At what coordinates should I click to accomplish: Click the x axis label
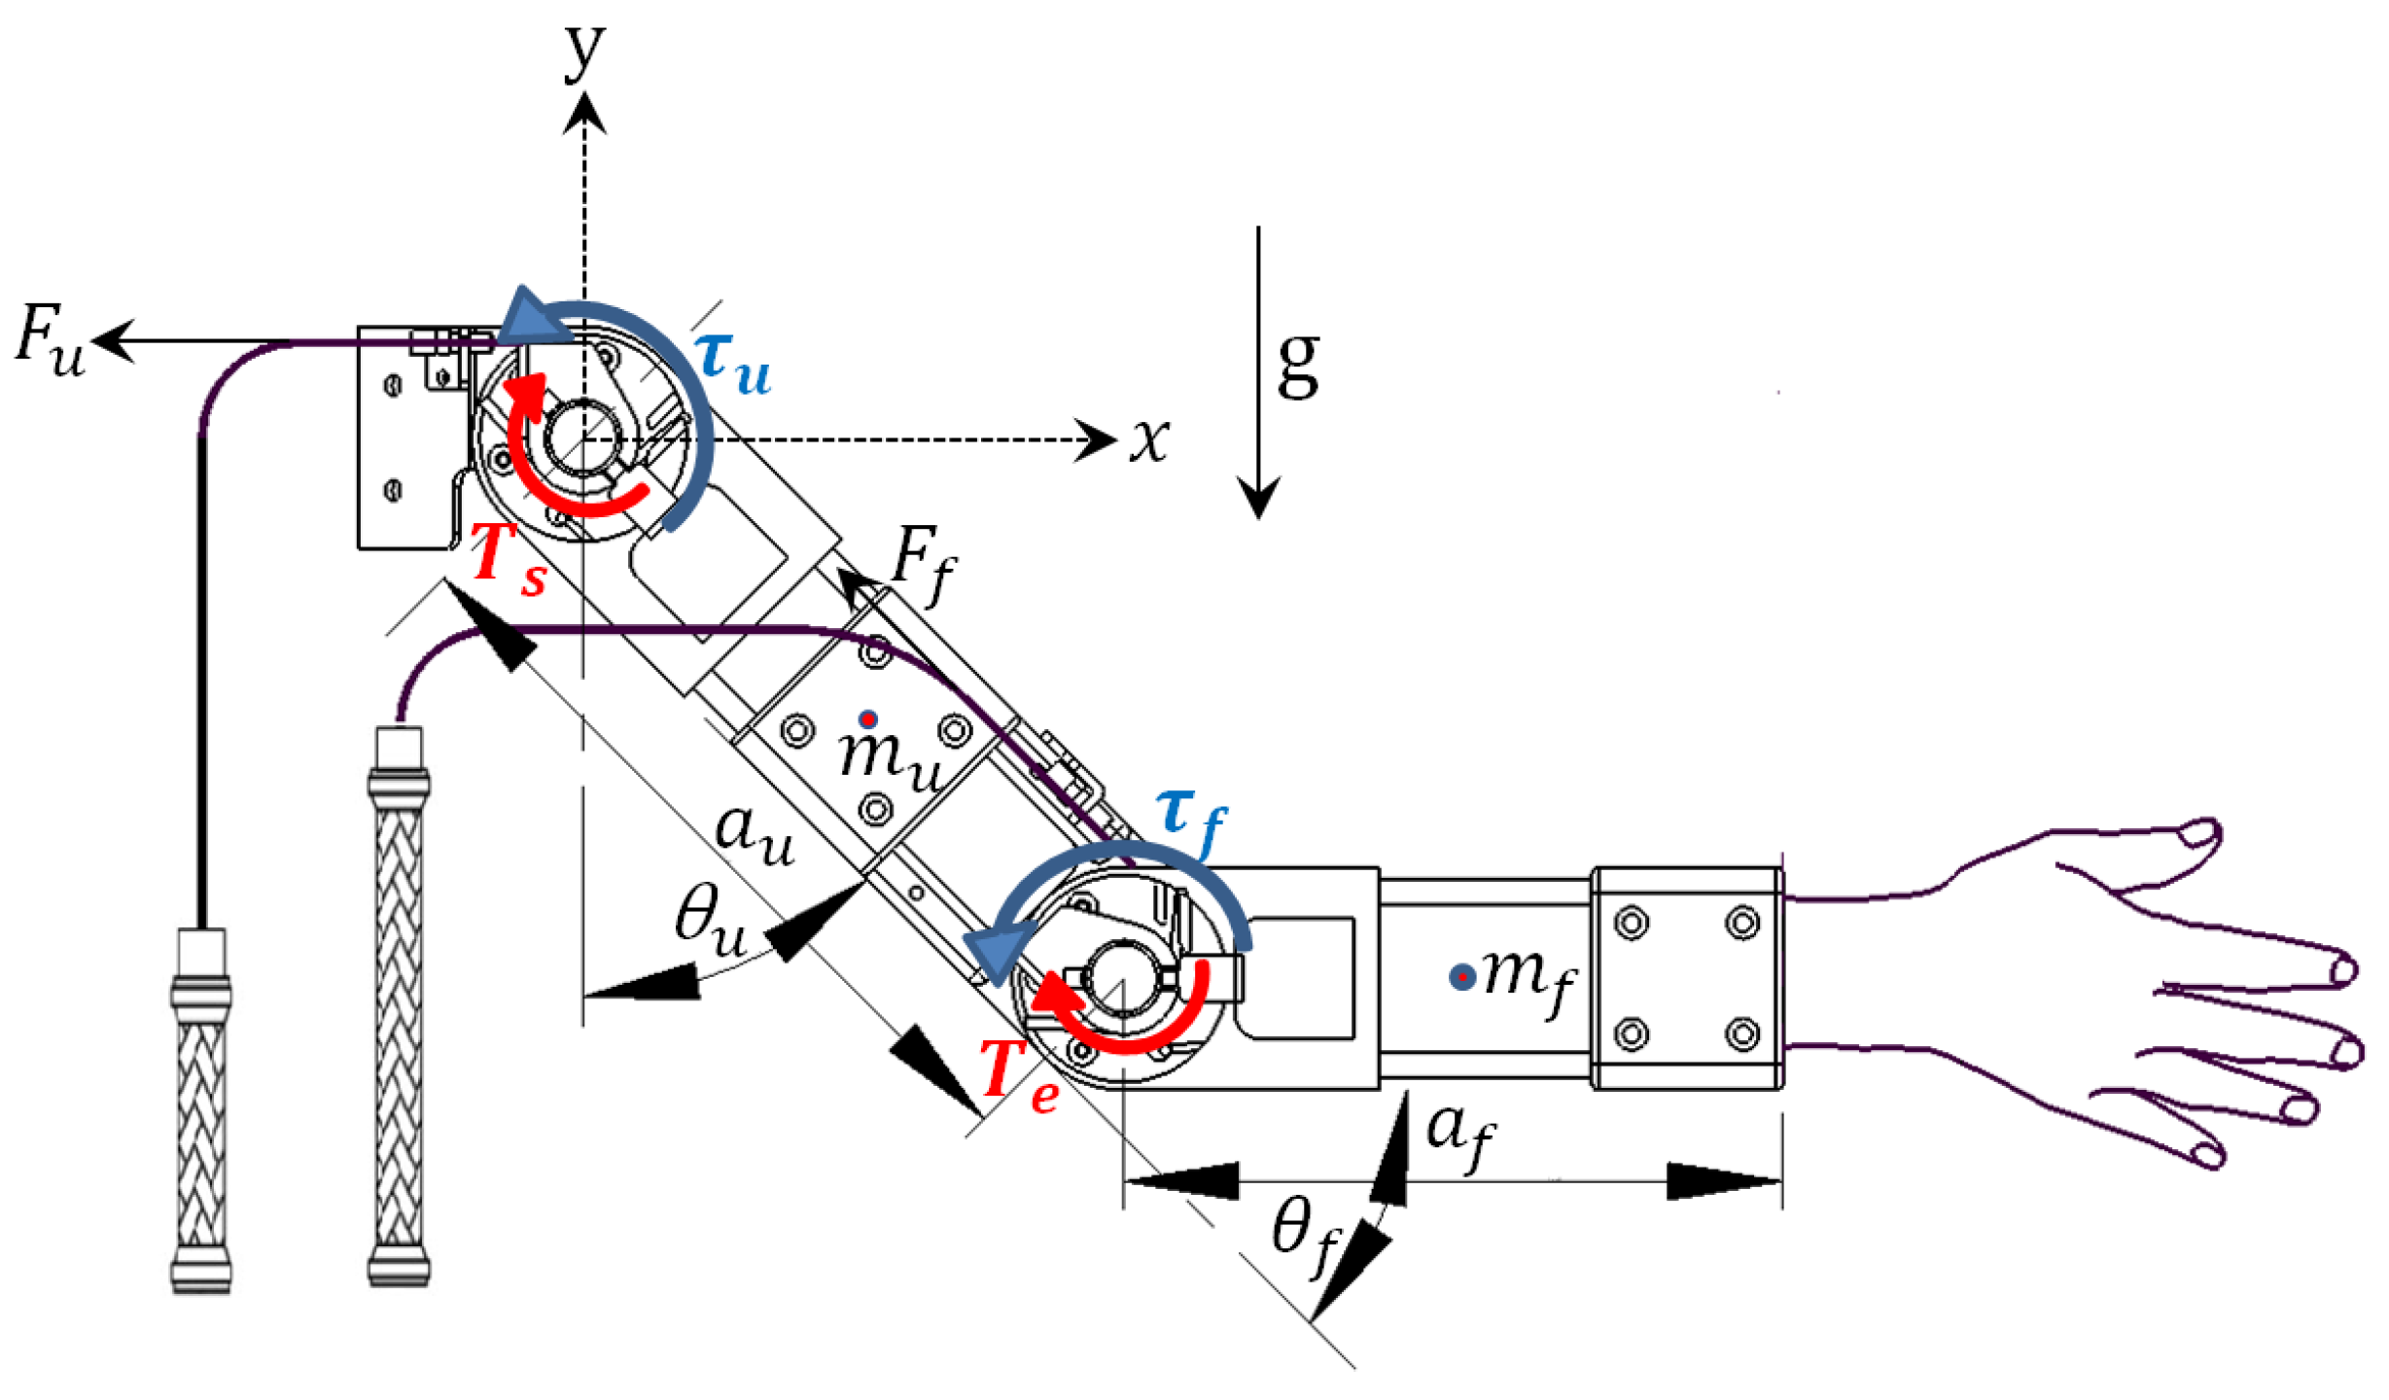1149,439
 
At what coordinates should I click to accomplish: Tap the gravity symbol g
1298,365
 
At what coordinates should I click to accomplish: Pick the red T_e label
1019,1073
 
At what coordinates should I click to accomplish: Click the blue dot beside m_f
1461,977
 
